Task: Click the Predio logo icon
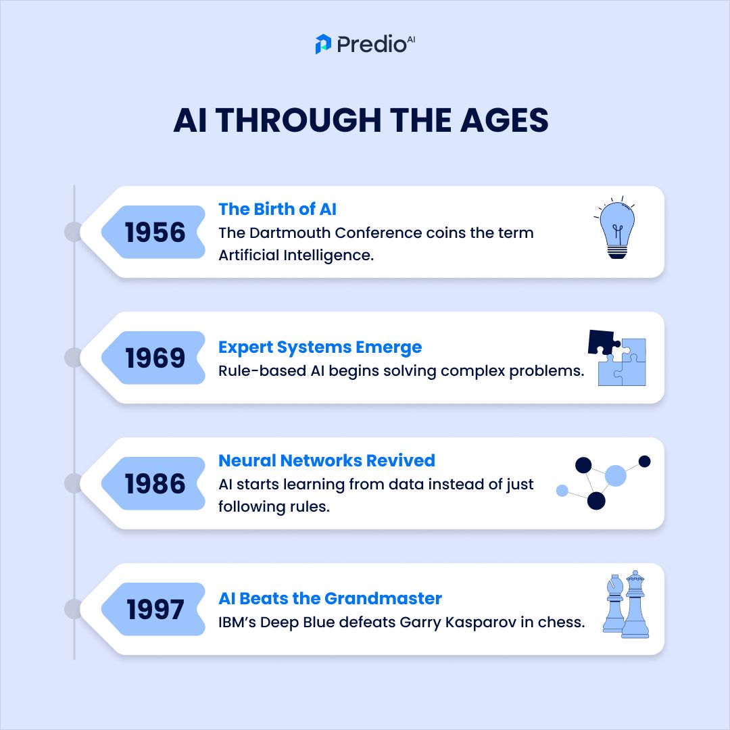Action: [323, 44]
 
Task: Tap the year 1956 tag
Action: [155, 233]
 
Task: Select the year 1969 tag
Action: [155, 358]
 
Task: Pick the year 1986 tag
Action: [155, 484]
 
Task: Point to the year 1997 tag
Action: [155, 610]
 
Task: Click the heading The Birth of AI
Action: [277, 209]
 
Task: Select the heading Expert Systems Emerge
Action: [320, 347]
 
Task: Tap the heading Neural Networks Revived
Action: [326, 460]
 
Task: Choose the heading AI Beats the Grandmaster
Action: [330, 598]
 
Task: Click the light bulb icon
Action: [616, 229]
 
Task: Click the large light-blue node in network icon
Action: [615, 476]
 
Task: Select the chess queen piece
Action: [635, 604]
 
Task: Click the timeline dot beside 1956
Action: [73, 233]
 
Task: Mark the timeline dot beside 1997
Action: [73, 610]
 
